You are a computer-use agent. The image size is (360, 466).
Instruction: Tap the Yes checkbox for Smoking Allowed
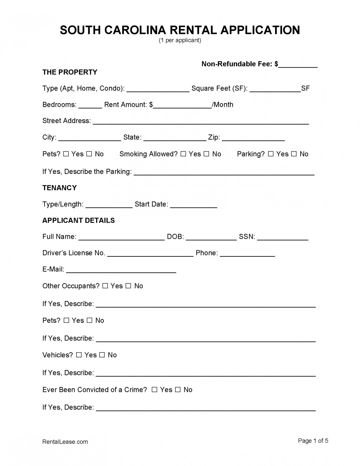coord(183,154)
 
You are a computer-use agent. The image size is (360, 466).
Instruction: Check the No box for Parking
coord(294,154)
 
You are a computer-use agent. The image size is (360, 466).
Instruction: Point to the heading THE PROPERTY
coord(70,72)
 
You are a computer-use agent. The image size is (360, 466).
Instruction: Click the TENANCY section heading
coord(59,188)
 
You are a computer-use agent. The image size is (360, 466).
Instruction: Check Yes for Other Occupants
coord(105,286)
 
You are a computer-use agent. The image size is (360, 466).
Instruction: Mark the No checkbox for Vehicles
coord(102,355)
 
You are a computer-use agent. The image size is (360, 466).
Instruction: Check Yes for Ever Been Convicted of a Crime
coord(154,390)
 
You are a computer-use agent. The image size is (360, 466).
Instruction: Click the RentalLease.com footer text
coord(65,442)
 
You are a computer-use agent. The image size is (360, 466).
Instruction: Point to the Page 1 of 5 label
coord(313,441)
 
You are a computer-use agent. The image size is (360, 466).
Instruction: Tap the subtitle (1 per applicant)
coord(180,40)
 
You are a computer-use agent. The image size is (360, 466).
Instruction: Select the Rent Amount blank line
coord(182,106)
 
